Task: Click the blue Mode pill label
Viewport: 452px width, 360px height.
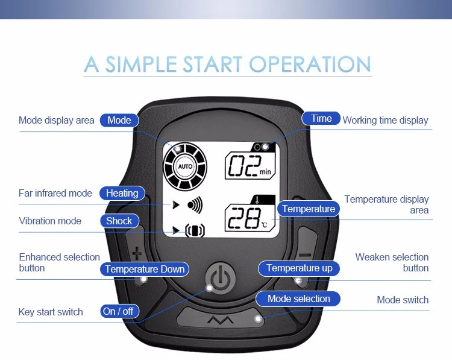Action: tap(119, 120)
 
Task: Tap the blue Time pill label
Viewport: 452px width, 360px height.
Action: tap(321, 119)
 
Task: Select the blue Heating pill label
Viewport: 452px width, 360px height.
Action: tap(122, 194)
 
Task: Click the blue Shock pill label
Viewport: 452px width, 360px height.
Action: tap(119, 221)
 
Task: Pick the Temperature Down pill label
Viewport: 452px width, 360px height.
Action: tap(145, 269)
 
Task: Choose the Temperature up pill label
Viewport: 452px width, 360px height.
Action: tap(299, 268)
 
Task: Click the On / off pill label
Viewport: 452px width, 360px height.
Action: tap(119, 311)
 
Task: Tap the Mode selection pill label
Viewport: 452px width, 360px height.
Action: tap(298, 298)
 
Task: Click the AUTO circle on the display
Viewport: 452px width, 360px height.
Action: tap(185, 166)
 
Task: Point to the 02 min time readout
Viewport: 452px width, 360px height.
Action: tap(250, 165)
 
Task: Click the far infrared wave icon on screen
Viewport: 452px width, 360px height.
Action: tap(195, 204)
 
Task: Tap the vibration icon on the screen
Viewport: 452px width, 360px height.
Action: tap(194, 230)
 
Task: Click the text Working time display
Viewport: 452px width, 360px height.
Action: tap(385, 121)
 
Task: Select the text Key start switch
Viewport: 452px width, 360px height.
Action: tap(51, 312)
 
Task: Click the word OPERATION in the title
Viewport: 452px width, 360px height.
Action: tap(310, 65)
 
